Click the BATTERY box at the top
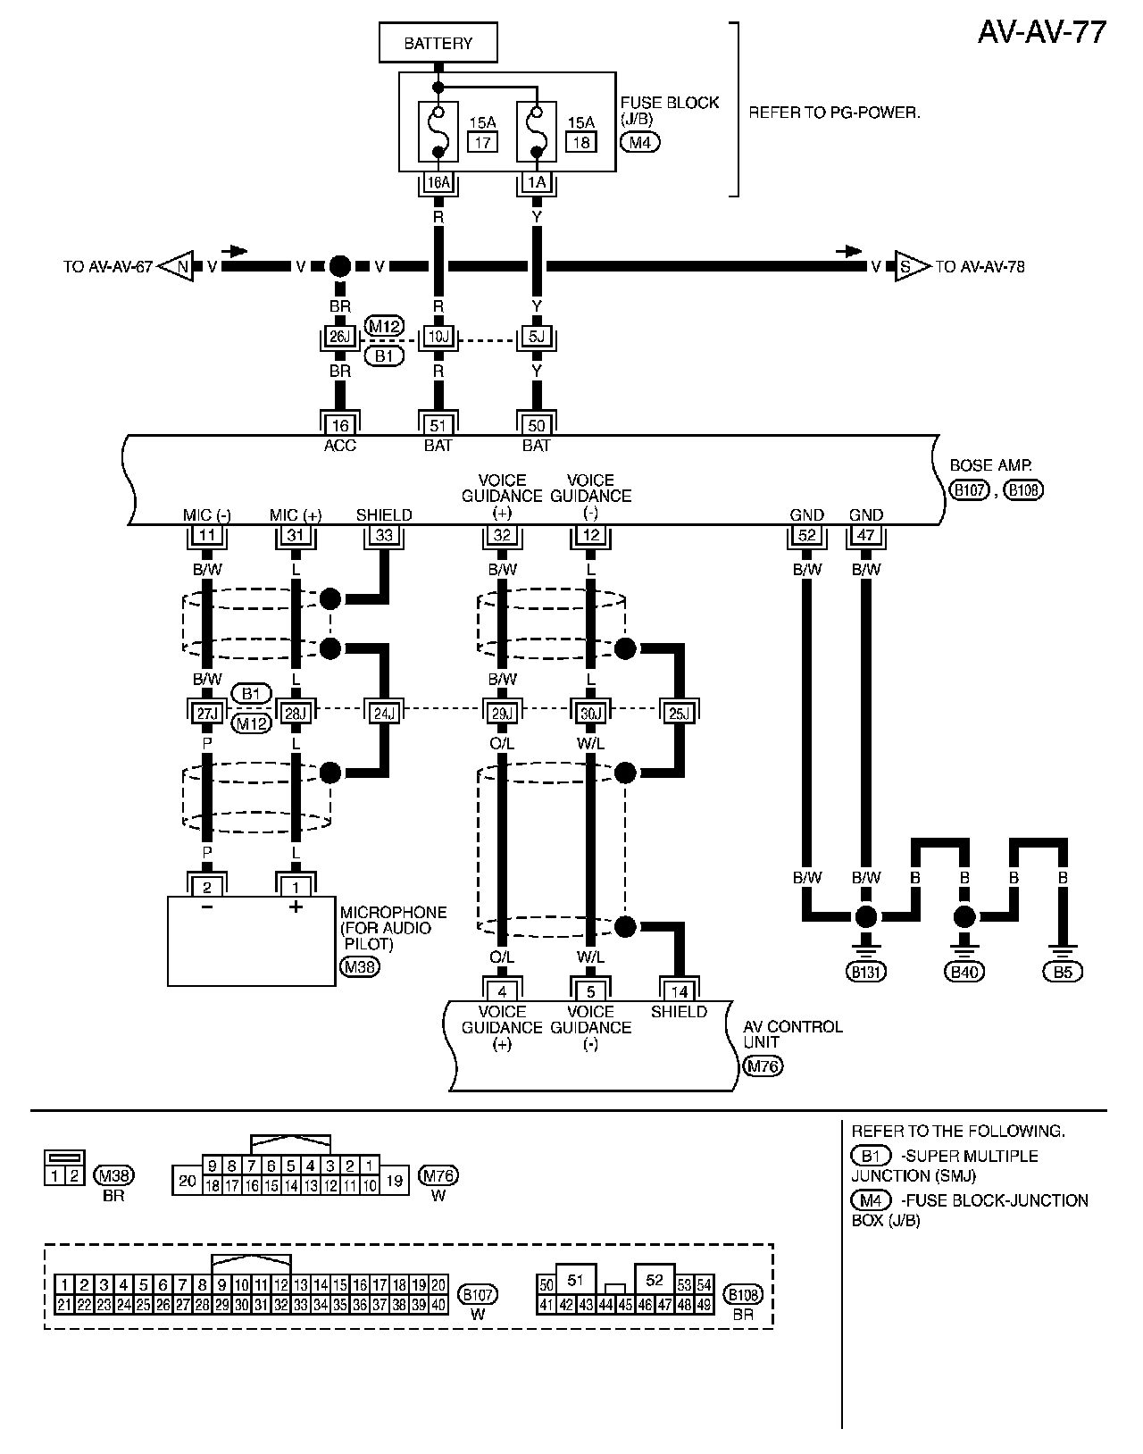click(x=438, y=43)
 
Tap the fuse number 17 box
click(x=482, y=142)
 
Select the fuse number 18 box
click(x=580, y=142)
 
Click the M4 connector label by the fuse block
click(x=639, y=141)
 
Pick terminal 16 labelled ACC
click(x=339, y=424)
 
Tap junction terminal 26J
click(x=339, y=337)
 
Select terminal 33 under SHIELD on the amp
click(x=385, y=536)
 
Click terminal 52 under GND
click(x=807, y=536)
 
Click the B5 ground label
click(x=1063, y=972)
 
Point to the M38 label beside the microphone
click(x=359, y=965)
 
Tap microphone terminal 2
click(x=207, y=887)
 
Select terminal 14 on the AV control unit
click(x=680, y=990)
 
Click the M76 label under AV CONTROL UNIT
click(x=763, y=1065)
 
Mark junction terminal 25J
click(x=680, y=712)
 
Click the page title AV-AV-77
click(x=1042, y=32)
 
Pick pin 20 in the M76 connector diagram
click(x=187, y=1181)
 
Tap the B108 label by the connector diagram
click(x=743, y=1295)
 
